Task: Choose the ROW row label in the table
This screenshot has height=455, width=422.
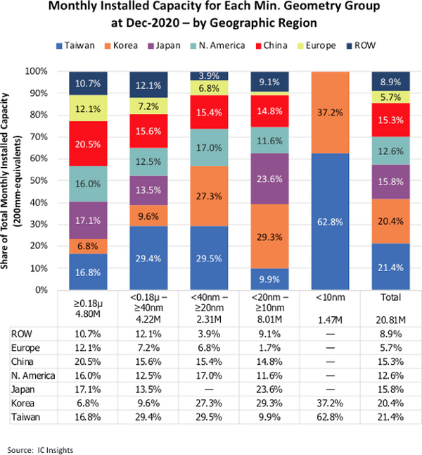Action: point(23,332)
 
